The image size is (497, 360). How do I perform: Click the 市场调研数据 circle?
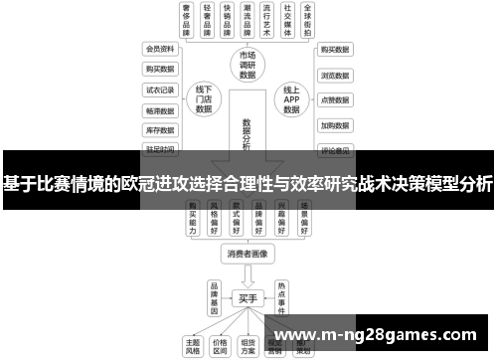(248, 63)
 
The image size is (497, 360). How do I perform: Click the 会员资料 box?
(160, 48)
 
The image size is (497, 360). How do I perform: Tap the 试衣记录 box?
(160, 90)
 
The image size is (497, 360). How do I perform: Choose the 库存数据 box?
(160, 129)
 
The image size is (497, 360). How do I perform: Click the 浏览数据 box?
(334, 75)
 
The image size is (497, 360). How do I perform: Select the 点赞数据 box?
(334, 100)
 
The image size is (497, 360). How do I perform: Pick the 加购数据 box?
(334, 126)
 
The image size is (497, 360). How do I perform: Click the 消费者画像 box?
(248, 254)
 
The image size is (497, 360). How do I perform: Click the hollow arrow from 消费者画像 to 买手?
(248, 275)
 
